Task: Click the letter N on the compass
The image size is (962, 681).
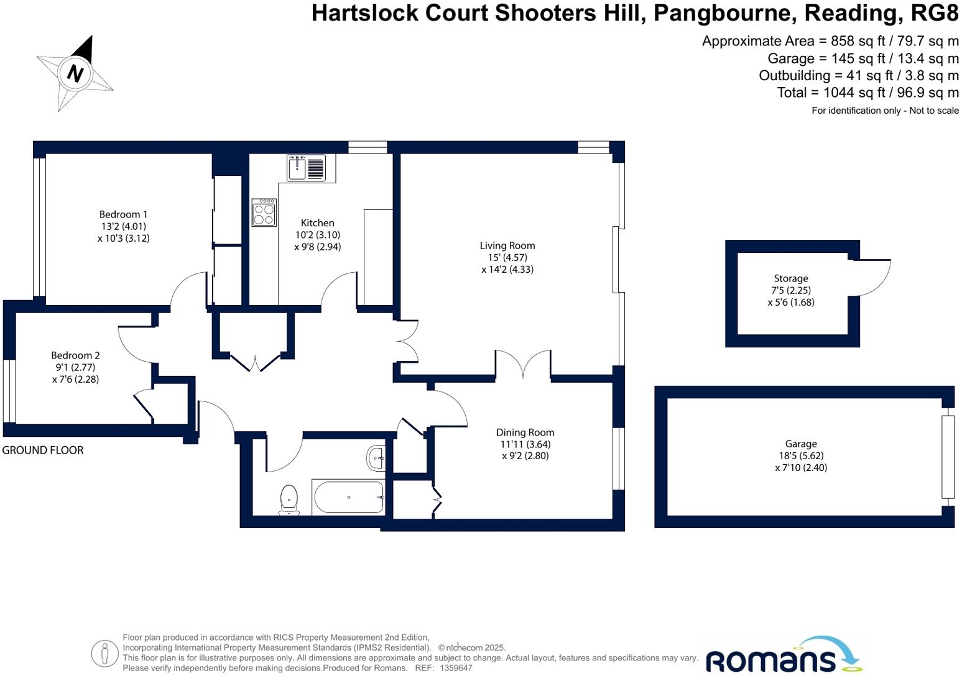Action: pyautogui.click(x=75, y=73)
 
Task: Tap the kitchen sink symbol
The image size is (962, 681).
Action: pyautogui.click(x=306, y=168)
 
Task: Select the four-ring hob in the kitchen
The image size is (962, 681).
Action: pyautogui.click(x=264, y=213)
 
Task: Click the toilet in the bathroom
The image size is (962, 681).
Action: pyautogui.click(x=289, y=500)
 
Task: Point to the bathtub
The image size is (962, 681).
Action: pyautogui.click(x=348, y=497)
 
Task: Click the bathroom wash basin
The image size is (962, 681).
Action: pyautogui.click(x=376, y=459)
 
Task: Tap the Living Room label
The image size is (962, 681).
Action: pyautogui.click(x=507, y=245)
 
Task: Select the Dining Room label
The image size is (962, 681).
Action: pyautogui.click(x=525, y=432)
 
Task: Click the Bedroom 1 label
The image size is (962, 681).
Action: pyautogui.click(x=123, y=214)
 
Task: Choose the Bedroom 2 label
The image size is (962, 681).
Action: pyautogui.click(x=75, y=355)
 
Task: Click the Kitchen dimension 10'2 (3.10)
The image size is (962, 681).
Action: pyautogui.click(x=317, y=235)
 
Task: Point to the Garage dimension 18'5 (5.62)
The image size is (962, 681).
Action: pyautogui.click(x=801, y=455)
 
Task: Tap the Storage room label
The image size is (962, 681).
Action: pyautogui.click(x=791, y=278)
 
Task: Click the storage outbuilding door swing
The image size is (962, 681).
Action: pyautogui.click(x=874, y=278)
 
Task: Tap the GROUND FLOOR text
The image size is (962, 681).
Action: pyautogui.click(x=43, y=450)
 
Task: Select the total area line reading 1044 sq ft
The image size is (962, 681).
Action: pyautogui.click(x=867, y=93)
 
